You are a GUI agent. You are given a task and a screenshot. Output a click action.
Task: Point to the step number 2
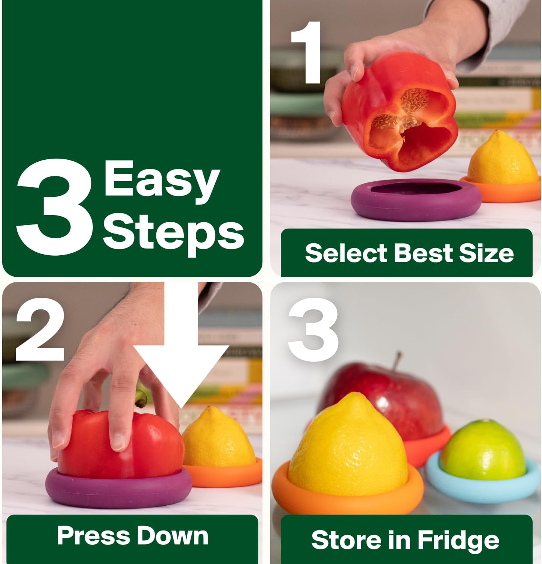pos(40,329)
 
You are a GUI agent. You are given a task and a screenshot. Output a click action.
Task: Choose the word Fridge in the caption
pos(458,540)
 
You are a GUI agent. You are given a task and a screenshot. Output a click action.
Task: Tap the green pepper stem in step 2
pos(141,399)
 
